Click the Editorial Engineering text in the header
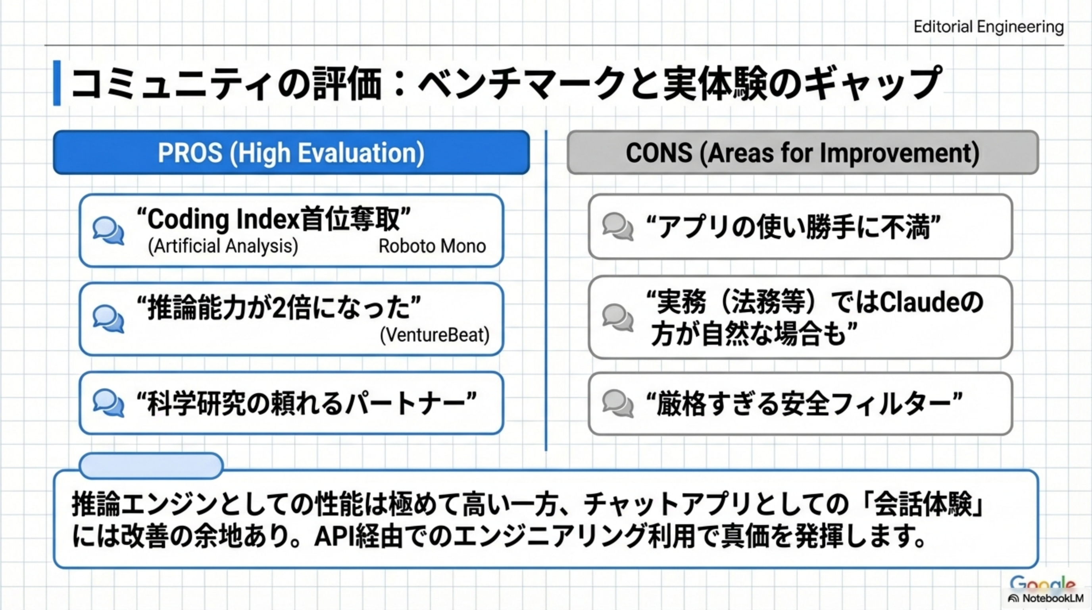[988, 27]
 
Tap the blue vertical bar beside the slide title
[57, 83]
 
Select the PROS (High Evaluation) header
[291, 153]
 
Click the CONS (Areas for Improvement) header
[802, 153]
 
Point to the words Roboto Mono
[432, 246]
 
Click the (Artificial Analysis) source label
[223, 246]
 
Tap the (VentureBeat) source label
[434, 335]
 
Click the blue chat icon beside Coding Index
[108, 231]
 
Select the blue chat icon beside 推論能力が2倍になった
[108, 319]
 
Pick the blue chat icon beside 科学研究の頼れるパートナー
[108, 403]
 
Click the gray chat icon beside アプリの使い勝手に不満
[618, 227]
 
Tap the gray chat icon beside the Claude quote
[618, 318]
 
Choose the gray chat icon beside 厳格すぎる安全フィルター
[618, 404]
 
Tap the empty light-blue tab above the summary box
[151, 465]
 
